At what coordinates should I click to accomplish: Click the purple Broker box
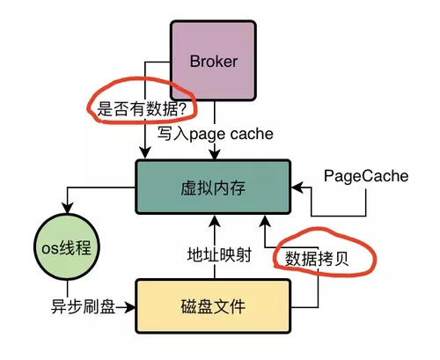pyautogui.click(x=214, y=62)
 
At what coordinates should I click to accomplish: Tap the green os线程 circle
pyautogui.click(x=62, y=247)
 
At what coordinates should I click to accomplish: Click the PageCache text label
pyautogui.click(x=366, y=176)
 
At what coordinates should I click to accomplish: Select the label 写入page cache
pyautogui.click(x=216, y=134)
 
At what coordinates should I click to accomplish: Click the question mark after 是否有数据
pyautogui.click(x=187, y=109)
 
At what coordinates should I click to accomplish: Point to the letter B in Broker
pyautogui.click(x=195, y=62)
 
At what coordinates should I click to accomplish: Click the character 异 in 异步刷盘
pyautogui.click(x=56, y=307)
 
